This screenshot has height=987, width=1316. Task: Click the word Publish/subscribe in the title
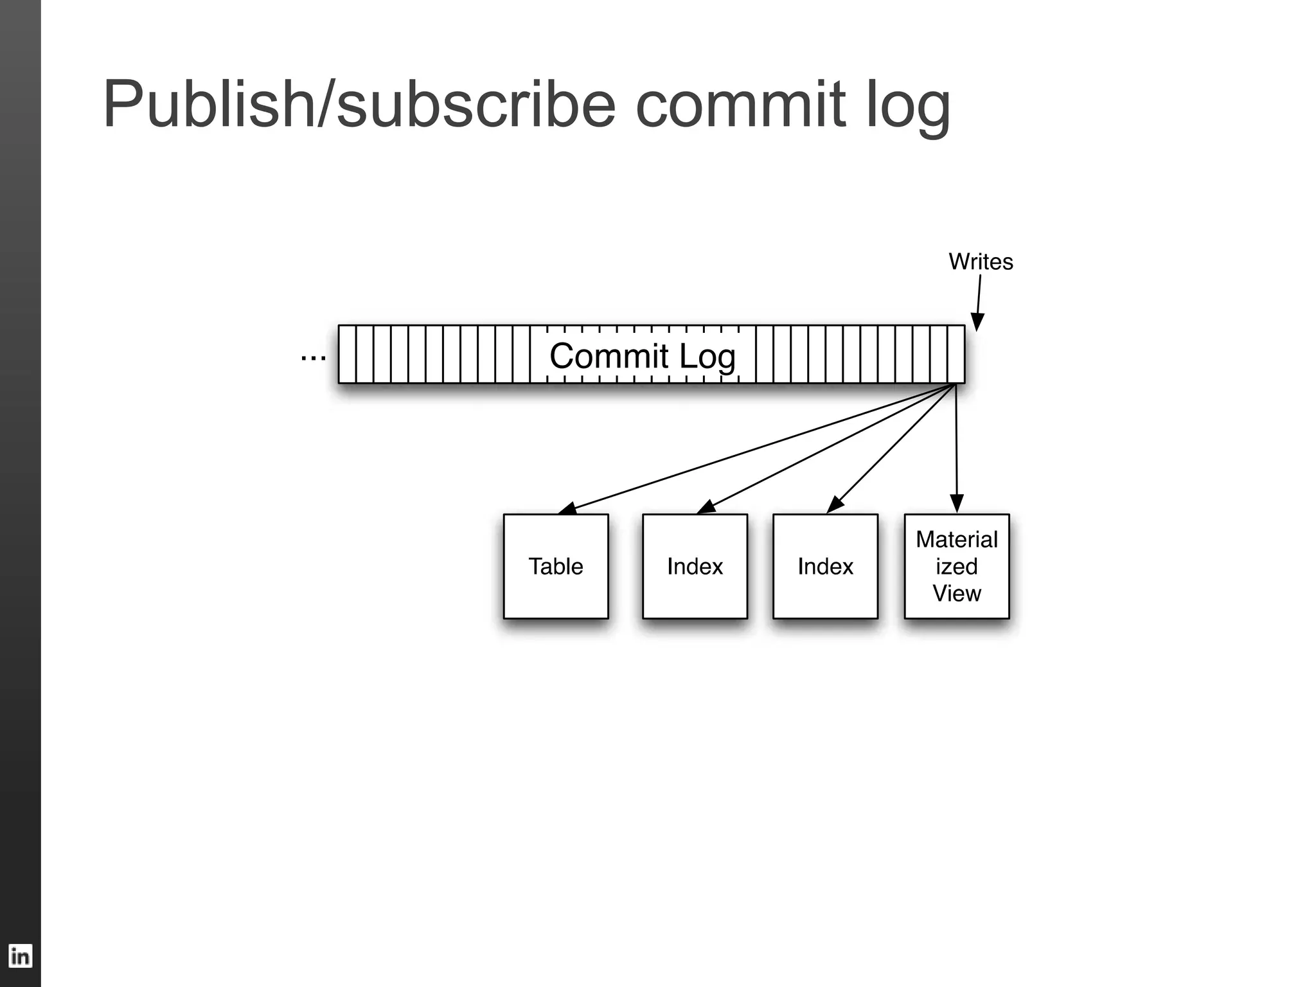(x=359, y=105)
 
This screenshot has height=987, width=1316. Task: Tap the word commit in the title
(x=740, y=105)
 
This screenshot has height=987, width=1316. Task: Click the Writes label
(x=981, y=262)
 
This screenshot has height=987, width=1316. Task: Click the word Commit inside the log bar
(x=609, y=355)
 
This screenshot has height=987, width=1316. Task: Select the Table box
(x=556, y=566)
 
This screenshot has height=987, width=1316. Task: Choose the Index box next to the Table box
(x=695, y=566)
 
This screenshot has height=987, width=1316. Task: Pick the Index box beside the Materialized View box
(x=825, y=566)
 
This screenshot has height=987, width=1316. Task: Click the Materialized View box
(x=956, y=566)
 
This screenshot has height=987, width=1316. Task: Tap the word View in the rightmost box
(x=956, y=593)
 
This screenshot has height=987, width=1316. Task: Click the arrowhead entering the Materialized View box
(x=957, y=504)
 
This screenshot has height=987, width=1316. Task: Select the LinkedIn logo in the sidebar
(x=20, y=956)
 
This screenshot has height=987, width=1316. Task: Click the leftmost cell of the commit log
(x=347, y=354)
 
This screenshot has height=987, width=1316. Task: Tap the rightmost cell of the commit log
(x=956, y=354)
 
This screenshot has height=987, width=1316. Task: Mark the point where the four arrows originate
(x=956, y=384)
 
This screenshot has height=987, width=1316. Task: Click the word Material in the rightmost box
(x=956, y=539)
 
